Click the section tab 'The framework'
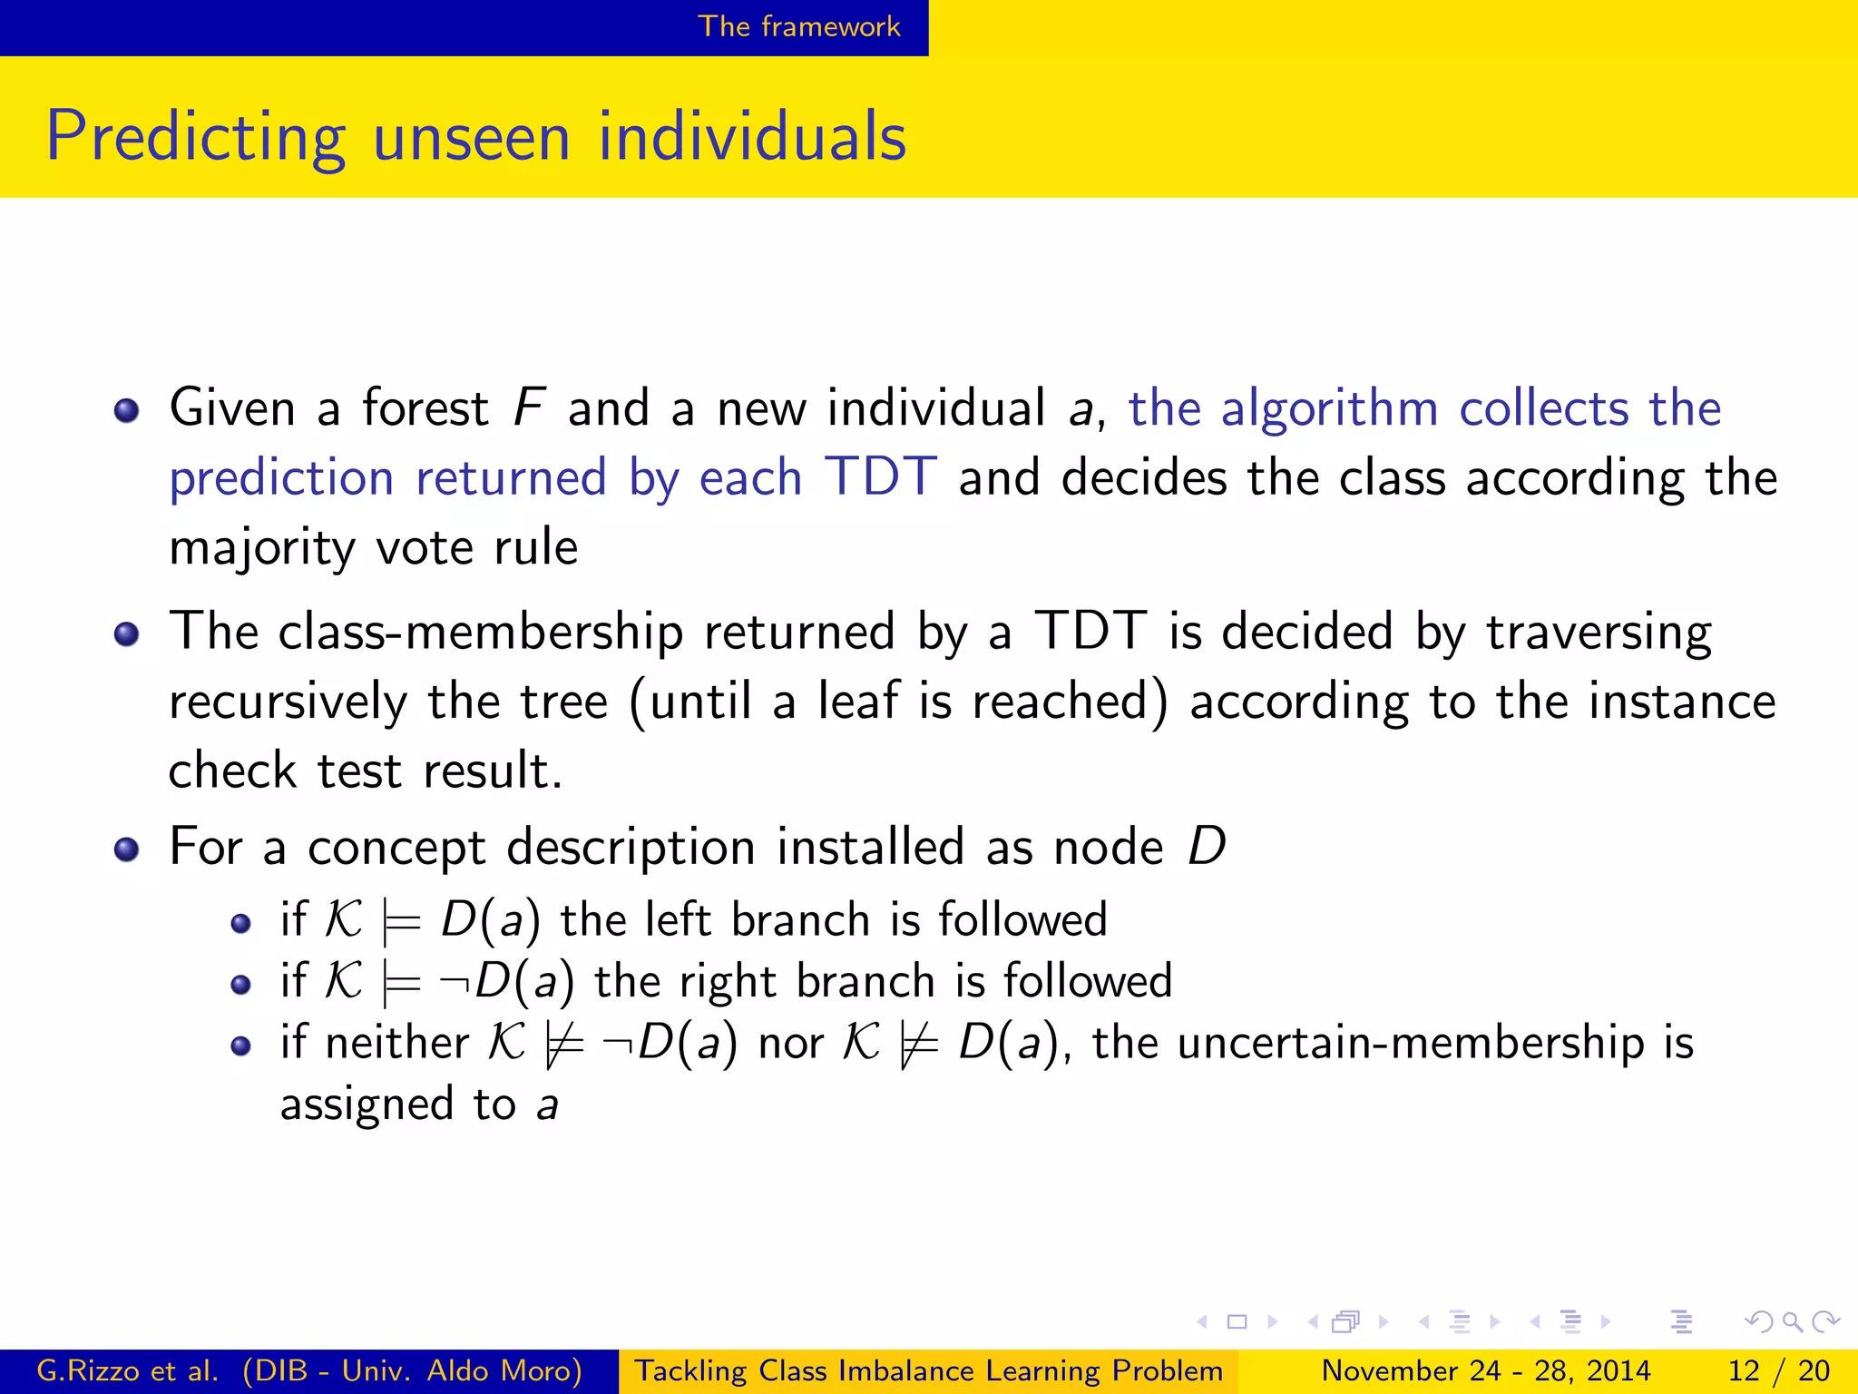[798, 26]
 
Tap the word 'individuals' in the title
[752, 136]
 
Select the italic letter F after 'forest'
[528, 407]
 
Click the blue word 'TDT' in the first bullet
[880, 476]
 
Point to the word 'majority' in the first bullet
[261, 548]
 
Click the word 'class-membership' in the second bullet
[481, 632]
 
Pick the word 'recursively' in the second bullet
[288, 702]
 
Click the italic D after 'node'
[1207, 847]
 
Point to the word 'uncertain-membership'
[1411, 1042]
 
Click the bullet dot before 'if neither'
[240, 1046]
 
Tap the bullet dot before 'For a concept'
[127, 850]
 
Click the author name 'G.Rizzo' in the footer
[82, 1370]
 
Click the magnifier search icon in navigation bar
[1792, 1321]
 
